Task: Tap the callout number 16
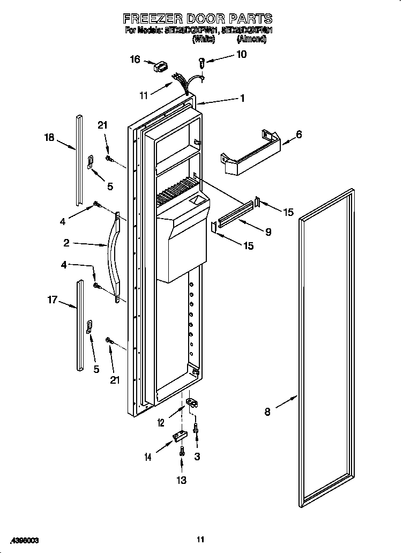click(135, 59)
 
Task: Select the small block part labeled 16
click(160, 68)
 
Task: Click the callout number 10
click(241, 54)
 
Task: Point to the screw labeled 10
click(202, 63)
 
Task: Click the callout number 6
click(298, 134)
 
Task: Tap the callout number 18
click(49, 138)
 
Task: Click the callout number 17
click(53, 300)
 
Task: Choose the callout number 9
click(267, 232)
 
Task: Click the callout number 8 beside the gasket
click(266, 412)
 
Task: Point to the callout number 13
click(182, 480)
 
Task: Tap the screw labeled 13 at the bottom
click(183, 452)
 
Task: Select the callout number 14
click(148, 457)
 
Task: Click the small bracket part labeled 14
click(177, 438)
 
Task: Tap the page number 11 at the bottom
click(201, 539)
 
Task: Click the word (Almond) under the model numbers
click(251, 39)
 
